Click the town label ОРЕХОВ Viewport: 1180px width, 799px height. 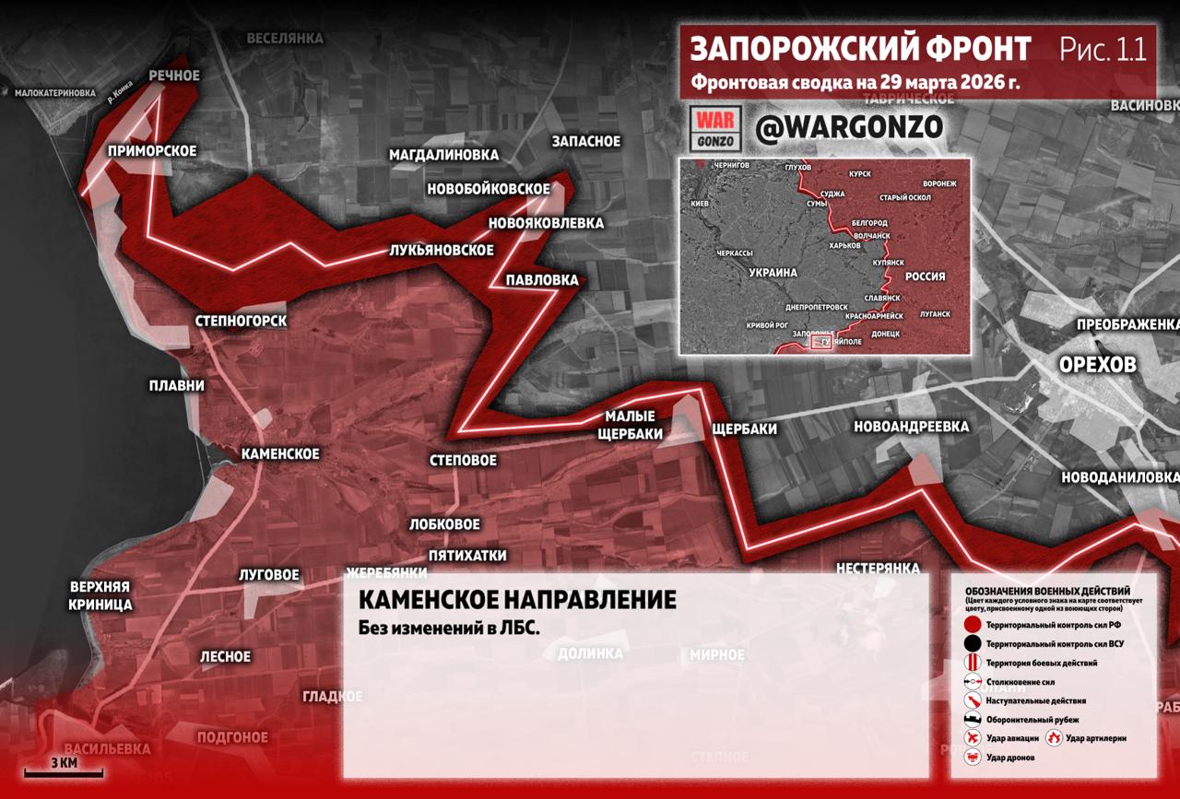(1097, 365)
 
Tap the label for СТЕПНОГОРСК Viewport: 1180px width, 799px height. (242, 321)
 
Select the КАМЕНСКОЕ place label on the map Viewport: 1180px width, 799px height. (280, 453)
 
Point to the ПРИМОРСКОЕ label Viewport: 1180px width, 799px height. (152, 150)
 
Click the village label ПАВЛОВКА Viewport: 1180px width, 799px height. (542, 279)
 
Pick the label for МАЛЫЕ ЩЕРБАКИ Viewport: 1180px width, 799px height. (630, 425)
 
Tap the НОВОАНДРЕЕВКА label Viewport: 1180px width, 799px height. (911, 426)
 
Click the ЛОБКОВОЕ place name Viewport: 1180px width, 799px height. (445, 523)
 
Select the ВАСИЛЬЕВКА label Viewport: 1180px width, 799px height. (107, 748)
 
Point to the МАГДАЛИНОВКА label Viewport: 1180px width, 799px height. (443, 155)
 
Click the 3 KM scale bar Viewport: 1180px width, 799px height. (63, 768)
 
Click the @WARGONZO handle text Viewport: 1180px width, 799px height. (848, 128)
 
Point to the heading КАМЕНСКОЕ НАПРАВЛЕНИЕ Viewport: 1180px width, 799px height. (516, 600)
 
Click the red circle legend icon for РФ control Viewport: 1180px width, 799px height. (973, 625)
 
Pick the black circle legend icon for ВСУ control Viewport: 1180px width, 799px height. (973, 643)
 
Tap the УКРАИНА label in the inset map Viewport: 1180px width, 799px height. (772, 274)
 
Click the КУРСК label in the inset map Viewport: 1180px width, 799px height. (859, 173)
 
